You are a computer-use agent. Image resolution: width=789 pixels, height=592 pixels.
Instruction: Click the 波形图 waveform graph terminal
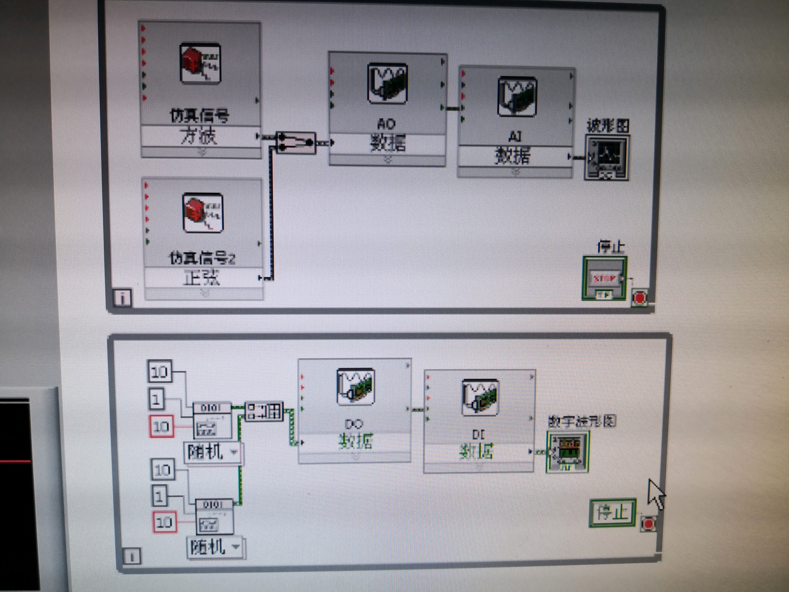(606, 157)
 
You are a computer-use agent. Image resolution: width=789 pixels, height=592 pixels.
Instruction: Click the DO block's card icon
(355, 387)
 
